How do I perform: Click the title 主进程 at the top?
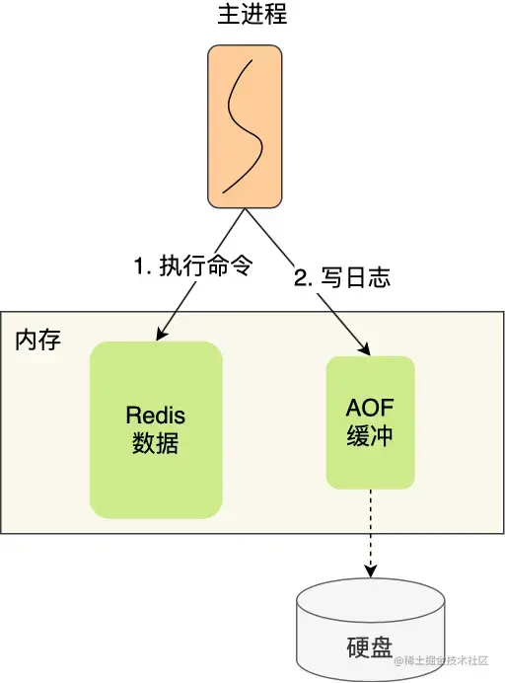pyautogui.click(x=252, y=14)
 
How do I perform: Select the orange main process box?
pyautogui.click(x=245, y=126)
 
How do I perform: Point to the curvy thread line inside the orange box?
pyautogui.click(x=244, y=126)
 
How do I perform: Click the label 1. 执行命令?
pyautogui.click(x=193, y=265)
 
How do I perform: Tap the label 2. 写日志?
pyautogui.click(x=342, y=277)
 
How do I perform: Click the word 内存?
pyautogui.click(x=38, y=340)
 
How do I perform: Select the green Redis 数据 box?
pyautogui.click(x=156, y=430)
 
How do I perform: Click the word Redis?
pyautogui.click(x=156, y=416)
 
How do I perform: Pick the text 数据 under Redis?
pyautogui.click(x=156, y=443)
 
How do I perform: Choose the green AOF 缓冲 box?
pyautogui.click(x=371, y=422)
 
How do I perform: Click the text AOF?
pyautogui.click(x=370, y=408)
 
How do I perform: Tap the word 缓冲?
pyautogui.click(x=370, y=435)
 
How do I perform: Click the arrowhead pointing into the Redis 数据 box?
pyautogui.click(x=161, y=334)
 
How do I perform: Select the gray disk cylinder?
pyautogui.click(x=371, y=631)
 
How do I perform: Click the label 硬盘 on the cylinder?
pyautogui.click(x=370, y=647)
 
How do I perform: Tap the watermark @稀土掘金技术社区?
pyautogui.click(x=441, y=660)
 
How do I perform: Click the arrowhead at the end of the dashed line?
pyautogui.click(x=371, y=572)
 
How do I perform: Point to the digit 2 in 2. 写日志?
pyautogui.click(x=301, y=278)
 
